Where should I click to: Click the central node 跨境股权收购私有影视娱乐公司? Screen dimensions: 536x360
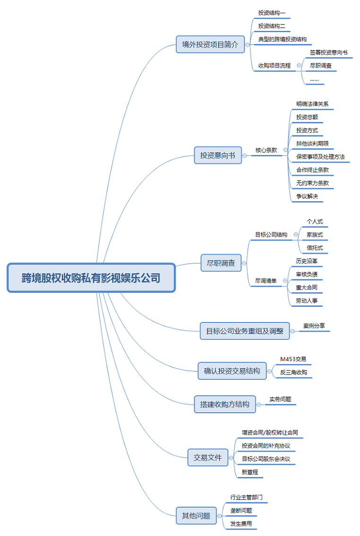click(91, 278)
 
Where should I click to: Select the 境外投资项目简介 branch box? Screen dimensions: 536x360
click(210, 45)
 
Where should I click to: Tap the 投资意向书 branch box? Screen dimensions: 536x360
click(217, 155)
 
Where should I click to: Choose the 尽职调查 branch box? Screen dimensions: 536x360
click(221, 263)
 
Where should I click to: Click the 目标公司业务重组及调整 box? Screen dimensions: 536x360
click(245, 331)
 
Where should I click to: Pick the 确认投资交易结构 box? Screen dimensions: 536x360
click(231, 371)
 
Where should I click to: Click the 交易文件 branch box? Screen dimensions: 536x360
click(207, 457)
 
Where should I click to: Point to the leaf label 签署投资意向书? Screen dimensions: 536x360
click(328, 52)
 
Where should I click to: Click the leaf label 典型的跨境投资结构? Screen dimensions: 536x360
click(282, 39)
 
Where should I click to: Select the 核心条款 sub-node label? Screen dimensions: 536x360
click(266, 150)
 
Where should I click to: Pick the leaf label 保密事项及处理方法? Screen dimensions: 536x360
click(320, 157)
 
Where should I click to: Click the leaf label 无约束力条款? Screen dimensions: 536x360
click(312, 183)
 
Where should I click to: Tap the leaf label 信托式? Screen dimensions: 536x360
click(315, 247)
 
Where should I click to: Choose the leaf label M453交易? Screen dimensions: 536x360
click(293, 359)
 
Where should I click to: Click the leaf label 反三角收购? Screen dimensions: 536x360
click(293, 373)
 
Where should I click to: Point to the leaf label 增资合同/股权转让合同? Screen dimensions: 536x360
click(269, 433)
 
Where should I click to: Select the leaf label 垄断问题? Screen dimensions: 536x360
click(241, 510)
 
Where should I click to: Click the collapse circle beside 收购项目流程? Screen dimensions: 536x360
click(299, 66)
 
